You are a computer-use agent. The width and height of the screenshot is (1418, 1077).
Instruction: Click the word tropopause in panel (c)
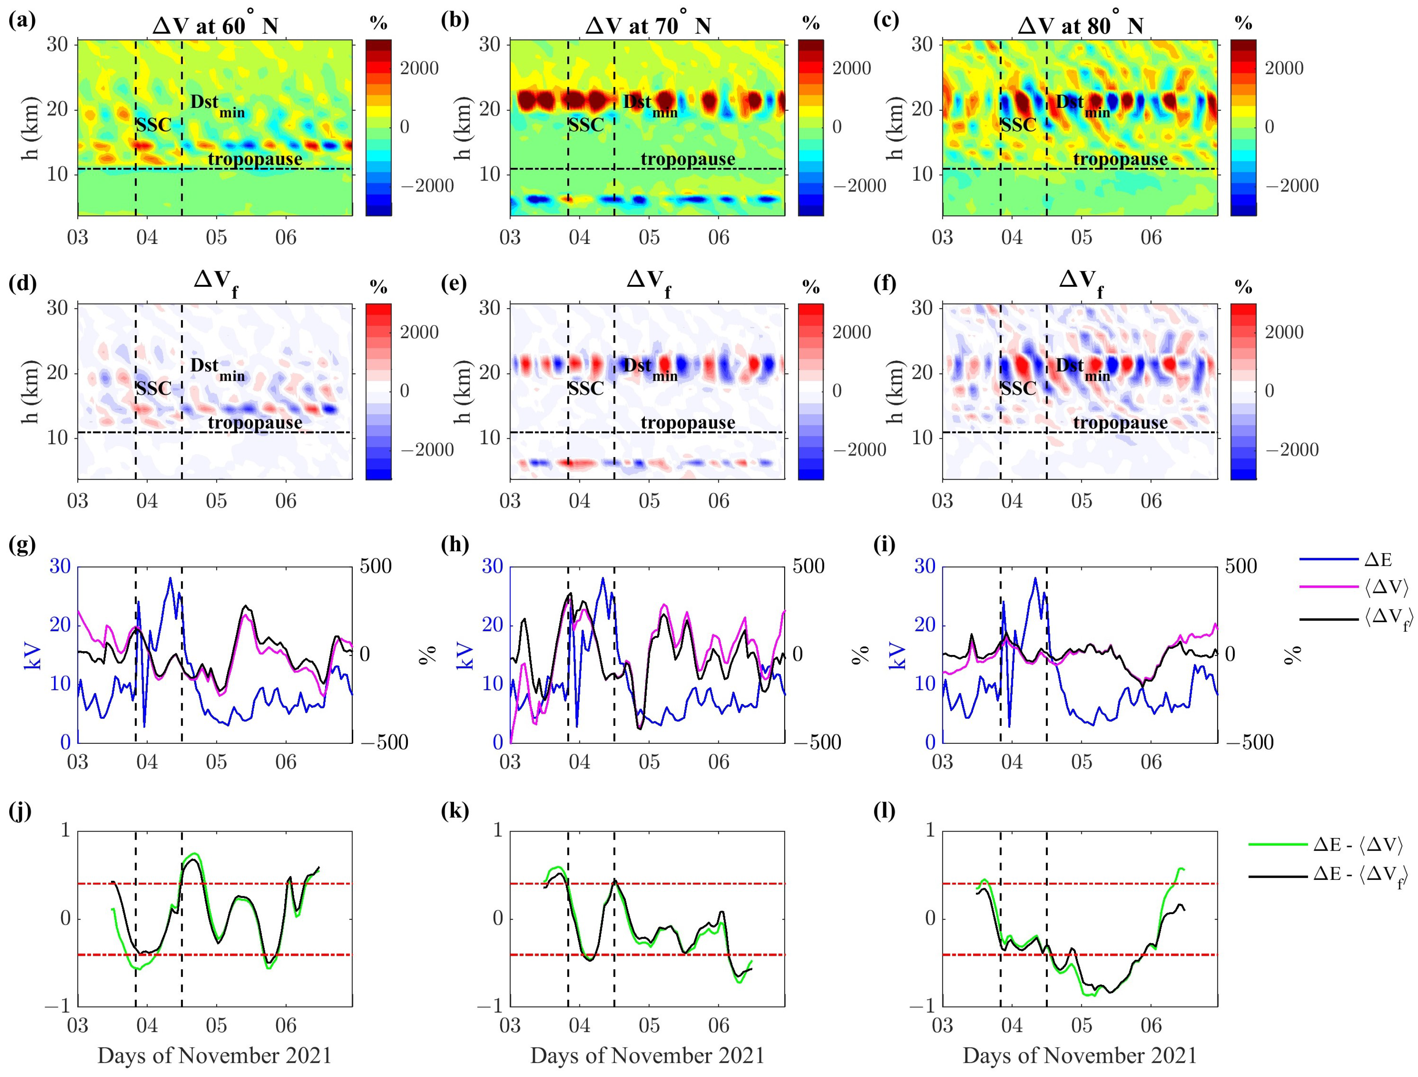[x=1120, y=159]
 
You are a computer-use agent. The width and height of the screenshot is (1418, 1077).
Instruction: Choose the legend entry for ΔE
[x=1378, y=560]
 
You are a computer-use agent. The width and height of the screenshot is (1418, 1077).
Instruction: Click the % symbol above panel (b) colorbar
[x=811, y=24]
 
